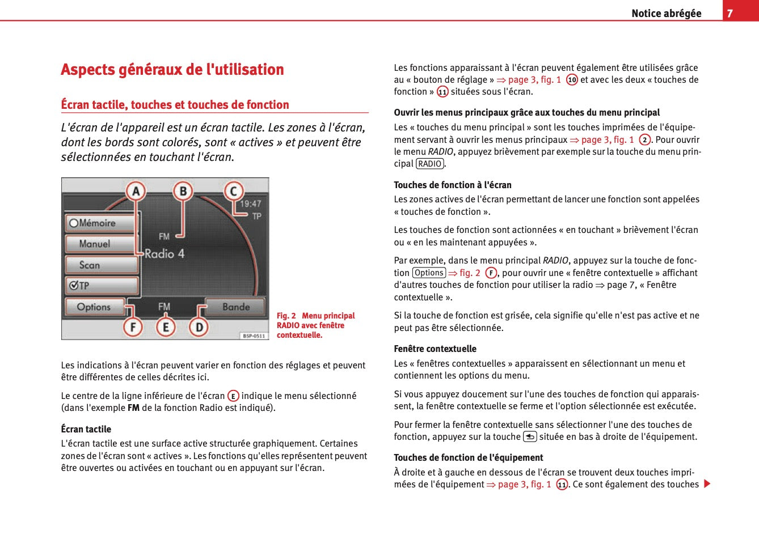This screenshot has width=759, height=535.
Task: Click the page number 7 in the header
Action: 730,13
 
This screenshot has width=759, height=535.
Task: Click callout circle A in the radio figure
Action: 136,192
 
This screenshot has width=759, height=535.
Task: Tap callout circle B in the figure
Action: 183,192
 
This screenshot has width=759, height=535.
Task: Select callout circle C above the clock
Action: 233,192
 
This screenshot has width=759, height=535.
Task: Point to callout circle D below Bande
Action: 199,327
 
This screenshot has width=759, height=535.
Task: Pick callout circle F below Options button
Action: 133,327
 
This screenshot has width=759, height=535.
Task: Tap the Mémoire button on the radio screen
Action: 101,223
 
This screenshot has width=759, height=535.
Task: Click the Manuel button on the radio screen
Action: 101,244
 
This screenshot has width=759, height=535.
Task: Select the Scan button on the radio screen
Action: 101,265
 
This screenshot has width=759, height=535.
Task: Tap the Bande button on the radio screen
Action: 235,307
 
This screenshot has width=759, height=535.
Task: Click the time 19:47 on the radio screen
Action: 250,204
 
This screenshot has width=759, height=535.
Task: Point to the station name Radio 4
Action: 165,254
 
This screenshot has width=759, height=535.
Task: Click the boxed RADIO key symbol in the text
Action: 429,164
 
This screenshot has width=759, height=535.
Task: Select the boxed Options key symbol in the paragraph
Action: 429,273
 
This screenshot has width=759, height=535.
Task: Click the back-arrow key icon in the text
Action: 530,436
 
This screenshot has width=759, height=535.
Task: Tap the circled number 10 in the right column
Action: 572,80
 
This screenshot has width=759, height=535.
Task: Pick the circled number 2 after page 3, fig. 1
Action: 644,139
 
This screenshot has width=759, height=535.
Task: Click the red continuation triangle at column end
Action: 707,484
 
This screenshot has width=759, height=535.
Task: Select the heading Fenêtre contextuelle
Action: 435,349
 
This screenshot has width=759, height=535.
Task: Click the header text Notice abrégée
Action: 666,13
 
